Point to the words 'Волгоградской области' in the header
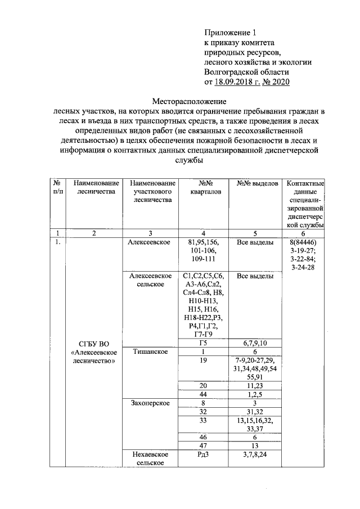[246, 73]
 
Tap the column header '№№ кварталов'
[204, 187]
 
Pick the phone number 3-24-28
[303, 267]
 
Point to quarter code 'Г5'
[204, 343]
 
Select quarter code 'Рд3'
[204, 454]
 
